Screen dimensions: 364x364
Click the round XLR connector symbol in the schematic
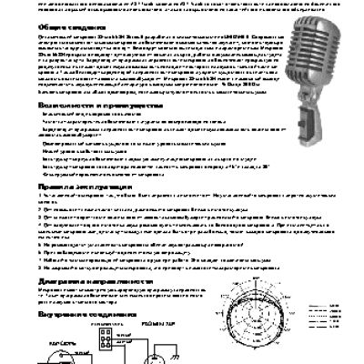click(159, 350)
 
